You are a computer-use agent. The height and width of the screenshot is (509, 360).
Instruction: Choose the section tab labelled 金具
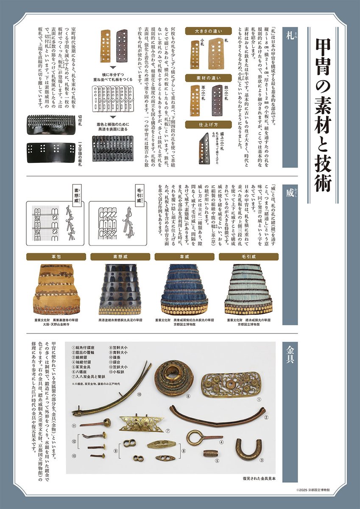pyautogui.click(x=290, y=353)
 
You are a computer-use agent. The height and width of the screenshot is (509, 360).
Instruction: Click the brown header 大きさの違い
pyautogui.click(x=208, y=31)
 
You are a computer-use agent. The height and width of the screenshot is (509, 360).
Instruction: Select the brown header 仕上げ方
pyautogui.click(x=208, y=124)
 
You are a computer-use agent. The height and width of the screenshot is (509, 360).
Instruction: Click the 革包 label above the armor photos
pyautogui.click(x=56, y=257)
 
